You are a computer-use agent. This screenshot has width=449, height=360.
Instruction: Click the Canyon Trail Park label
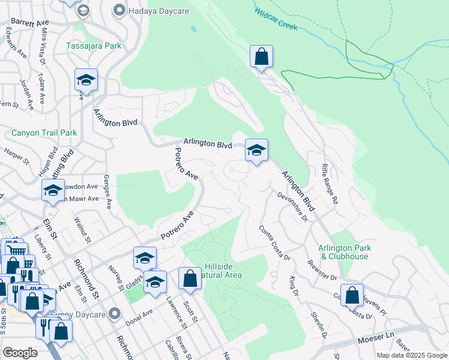point(44,133)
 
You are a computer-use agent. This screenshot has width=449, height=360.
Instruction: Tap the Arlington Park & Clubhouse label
point(345,252)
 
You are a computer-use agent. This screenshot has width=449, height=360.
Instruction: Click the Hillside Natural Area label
point(223,271)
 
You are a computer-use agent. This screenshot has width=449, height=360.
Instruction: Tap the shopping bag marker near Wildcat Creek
point(261,57)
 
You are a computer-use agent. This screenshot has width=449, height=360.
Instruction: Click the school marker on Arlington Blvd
point(256,151)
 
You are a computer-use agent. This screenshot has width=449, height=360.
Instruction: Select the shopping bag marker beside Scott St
point(190,278)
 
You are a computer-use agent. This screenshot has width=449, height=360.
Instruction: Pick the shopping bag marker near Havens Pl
point(352,295)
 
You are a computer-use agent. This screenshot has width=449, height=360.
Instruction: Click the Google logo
point(20,352)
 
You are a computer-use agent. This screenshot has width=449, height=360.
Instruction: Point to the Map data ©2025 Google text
point(411,355)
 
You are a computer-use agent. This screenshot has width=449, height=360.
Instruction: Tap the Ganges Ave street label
point(107,191)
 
